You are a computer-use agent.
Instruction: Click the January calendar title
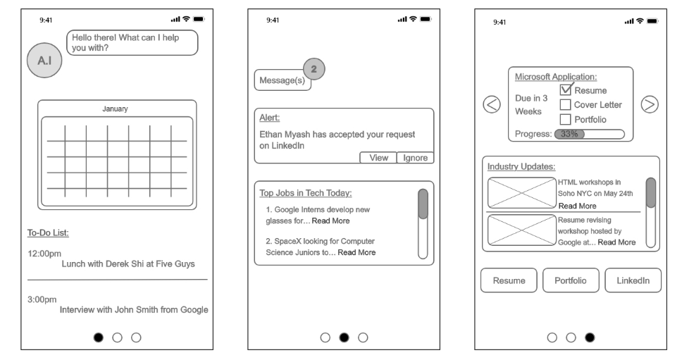click(115, 109)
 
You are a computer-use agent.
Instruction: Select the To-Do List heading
click(47, 232)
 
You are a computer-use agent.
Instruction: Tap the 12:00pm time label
click(44, 253)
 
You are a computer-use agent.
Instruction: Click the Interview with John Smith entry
click(134, 309)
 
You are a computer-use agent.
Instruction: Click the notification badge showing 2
click(314, 68)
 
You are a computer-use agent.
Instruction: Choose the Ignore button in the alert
click(415, 158)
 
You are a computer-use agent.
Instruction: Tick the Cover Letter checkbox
click(566, 105)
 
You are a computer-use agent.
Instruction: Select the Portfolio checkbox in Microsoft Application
click(566, 119)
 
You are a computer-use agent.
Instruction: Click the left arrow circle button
click(492, 104)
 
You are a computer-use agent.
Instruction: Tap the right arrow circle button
click(650, 104)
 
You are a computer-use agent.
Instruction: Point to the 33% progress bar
click(589, 134)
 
